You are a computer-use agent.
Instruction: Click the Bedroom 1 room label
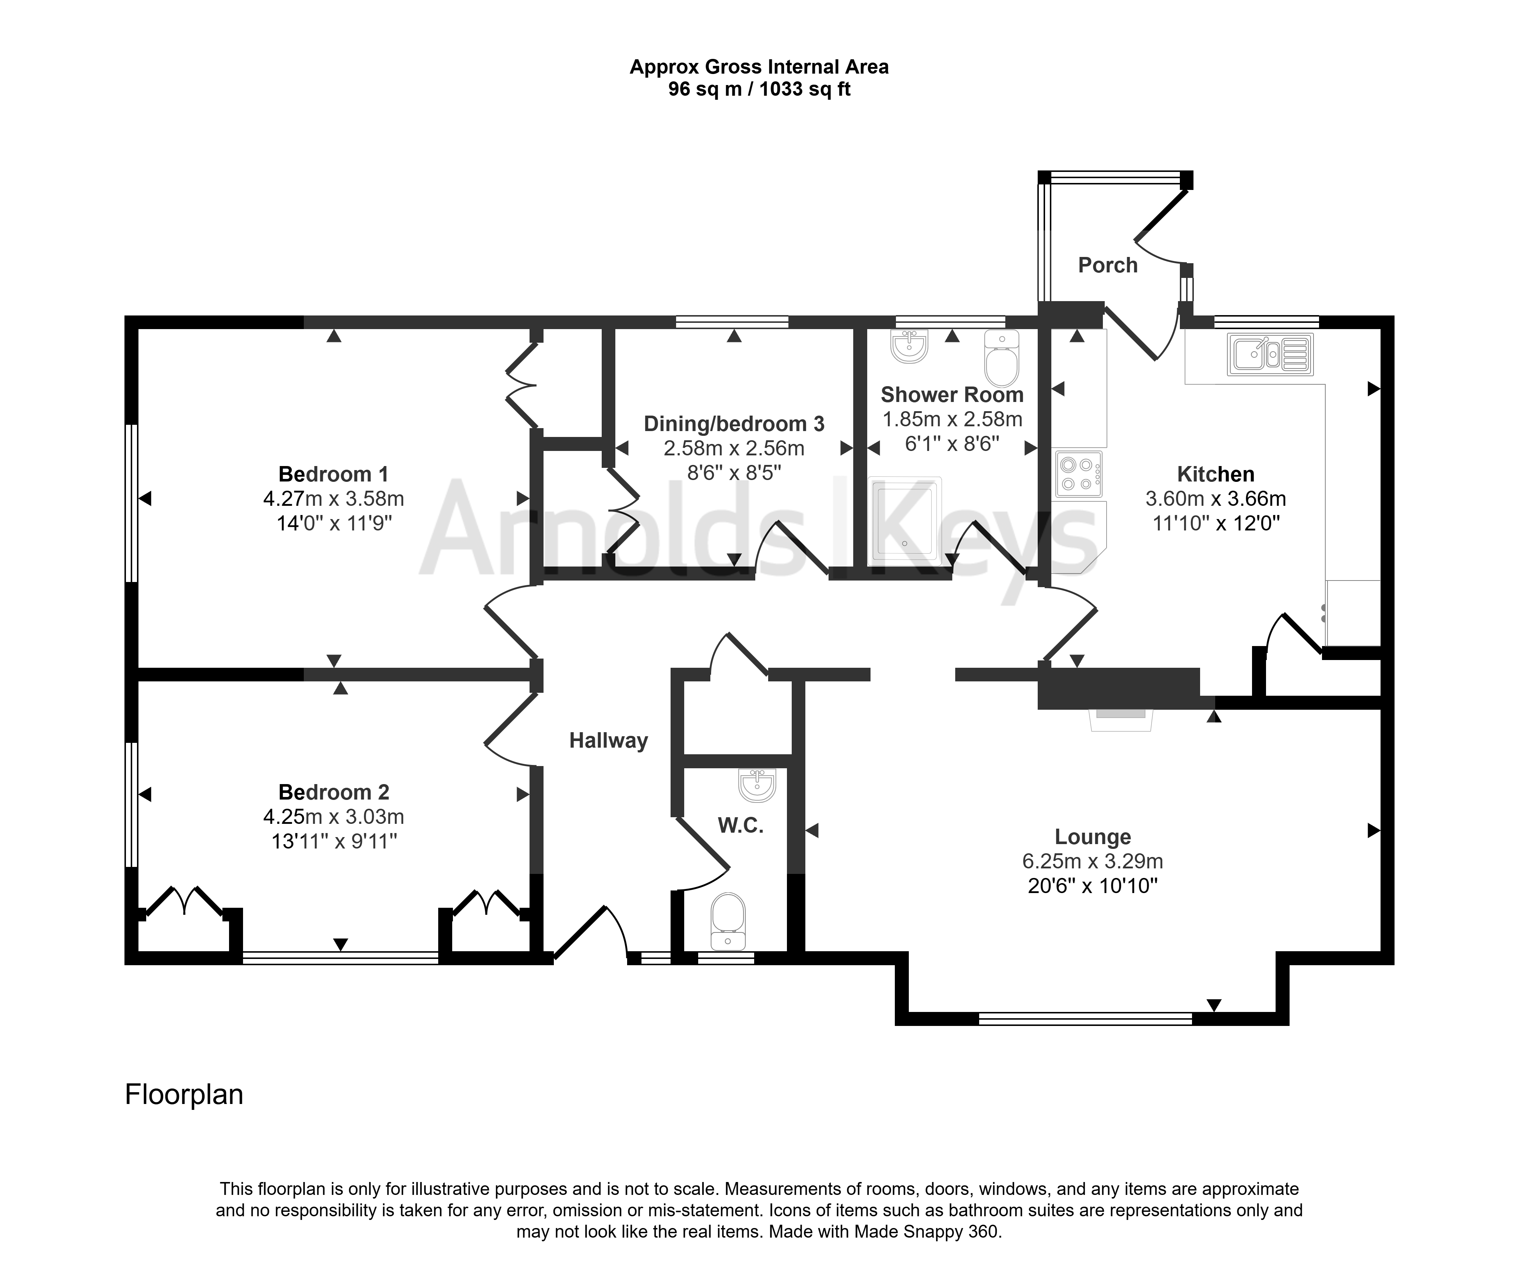click(334, 475)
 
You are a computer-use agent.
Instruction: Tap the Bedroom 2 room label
click(334, 793)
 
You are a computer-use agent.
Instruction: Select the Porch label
click(1107, 265)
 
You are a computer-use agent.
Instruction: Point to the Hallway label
click(608, 741)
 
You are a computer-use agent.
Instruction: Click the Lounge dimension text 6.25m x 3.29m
click(1092, 861)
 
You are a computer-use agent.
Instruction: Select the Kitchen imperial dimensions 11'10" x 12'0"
click(1216, 523)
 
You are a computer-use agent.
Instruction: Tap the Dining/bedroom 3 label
click(734, 424)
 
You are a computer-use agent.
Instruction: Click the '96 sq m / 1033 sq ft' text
click(759, 89)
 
